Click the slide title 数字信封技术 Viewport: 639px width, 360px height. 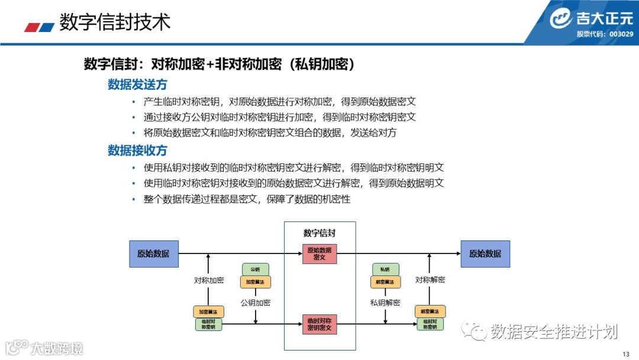click(x=115, y=22)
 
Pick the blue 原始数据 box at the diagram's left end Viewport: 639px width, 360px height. click(x=153, y=253)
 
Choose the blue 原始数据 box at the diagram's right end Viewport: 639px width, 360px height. click(x=485, y=253)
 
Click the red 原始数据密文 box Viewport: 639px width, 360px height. click(x=319, y=253)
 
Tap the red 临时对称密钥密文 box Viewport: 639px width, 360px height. click(x=319, y=323)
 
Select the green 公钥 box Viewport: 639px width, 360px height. click(x=255, y=270)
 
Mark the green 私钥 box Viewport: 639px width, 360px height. click(x=385, y=270)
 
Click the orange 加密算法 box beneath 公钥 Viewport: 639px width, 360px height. click(x=255, y=282)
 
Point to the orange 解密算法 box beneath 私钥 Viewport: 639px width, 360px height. click(x=385, y=282)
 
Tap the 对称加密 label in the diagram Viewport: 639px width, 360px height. click(x=209, y=280)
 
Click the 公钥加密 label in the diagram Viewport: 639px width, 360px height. click(x=255, y=303)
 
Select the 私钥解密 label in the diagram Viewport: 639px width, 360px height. click(x=385, y=303)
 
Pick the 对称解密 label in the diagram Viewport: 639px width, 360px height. click(x=430, y=280)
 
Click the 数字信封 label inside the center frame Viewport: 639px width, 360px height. click(x=319, y=233)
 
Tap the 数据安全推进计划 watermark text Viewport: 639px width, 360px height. click(x=554, y=332)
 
